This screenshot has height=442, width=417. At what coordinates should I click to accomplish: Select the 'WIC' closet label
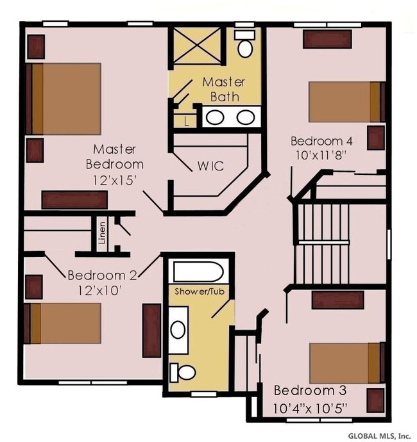tap(210, 166)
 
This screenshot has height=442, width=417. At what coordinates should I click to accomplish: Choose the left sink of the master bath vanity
tap(216, 117)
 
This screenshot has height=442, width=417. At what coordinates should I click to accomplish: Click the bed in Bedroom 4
tap(345, 101)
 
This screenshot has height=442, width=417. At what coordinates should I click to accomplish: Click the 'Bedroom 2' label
tap(102, 276)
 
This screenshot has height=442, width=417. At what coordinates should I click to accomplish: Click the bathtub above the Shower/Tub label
tap(198, 272)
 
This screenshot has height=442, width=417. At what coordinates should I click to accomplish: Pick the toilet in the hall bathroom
tap(183, 372)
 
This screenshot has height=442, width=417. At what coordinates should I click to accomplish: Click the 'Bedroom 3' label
tap(305, 391)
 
